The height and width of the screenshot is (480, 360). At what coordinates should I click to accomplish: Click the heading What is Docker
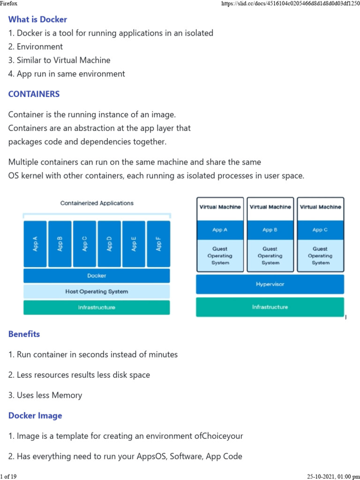point(37,19)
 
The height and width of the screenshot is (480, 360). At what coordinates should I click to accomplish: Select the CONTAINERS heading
point(34,94)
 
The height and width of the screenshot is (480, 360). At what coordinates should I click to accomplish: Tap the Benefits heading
point(24,334)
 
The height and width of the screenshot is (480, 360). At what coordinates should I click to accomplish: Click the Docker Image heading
point(35,416)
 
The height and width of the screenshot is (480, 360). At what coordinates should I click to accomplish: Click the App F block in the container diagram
point(158,243)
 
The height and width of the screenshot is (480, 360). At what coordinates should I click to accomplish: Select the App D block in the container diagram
point(109,243)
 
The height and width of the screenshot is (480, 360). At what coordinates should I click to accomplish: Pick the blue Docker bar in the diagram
point(97,276)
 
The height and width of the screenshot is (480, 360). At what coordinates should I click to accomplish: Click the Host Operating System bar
point(97,292)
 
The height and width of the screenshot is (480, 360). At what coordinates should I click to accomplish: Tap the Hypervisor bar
point(270,284)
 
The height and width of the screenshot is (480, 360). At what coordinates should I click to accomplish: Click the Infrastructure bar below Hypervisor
point(270,307)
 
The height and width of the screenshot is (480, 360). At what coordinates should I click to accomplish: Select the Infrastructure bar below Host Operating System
point(97,307)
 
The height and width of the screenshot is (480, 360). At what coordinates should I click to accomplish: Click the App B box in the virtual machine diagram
point(270,230)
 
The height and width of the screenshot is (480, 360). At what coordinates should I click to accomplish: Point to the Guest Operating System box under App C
point(320,256)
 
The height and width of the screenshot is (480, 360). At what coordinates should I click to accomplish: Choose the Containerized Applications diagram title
point(97,203)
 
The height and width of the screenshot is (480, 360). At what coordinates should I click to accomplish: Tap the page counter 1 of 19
point(8,477)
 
